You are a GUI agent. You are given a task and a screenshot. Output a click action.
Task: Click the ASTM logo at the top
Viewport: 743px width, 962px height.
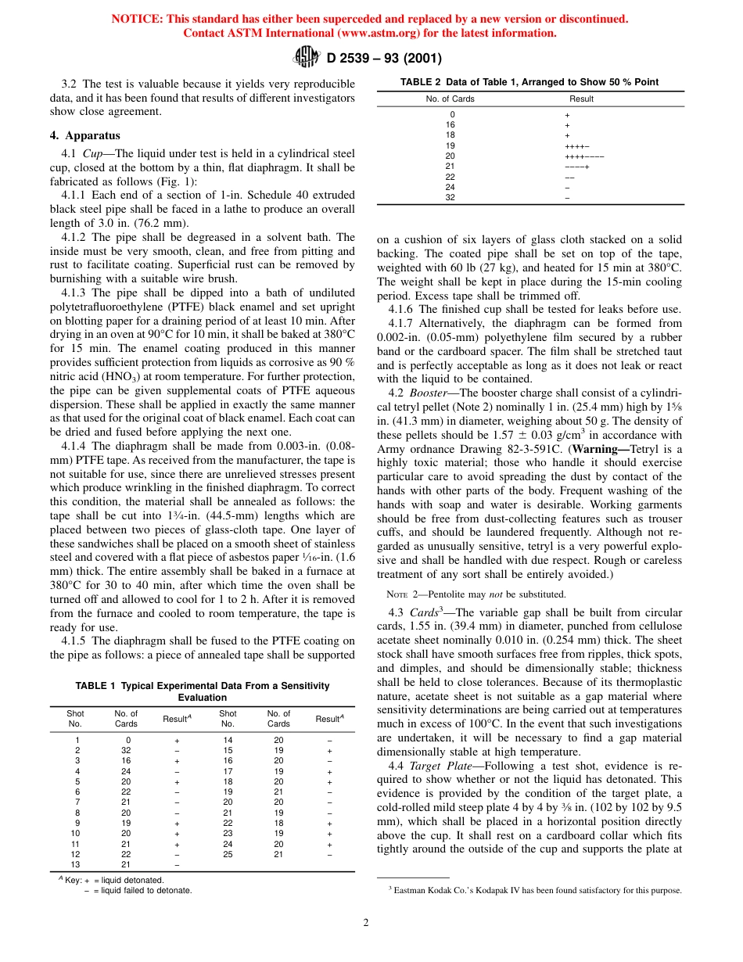[x=306, y=56]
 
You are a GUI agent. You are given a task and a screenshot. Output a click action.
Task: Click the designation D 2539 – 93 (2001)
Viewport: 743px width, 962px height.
[x=383, y=57]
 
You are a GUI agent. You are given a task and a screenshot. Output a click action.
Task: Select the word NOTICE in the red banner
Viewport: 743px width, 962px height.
[x=138, y=19]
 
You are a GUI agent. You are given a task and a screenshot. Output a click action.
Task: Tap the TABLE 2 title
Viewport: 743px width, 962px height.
[x=529, y=82]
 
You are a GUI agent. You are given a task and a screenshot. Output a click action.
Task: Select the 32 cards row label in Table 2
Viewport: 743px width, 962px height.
[x=450, y=198]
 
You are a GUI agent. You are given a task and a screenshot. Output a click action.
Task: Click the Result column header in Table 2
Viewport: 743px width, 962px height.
[x=581, y=99]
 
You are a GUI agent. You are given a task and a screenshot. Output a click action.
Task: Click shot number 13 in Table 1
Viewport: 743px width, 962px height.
[x=76, y=864]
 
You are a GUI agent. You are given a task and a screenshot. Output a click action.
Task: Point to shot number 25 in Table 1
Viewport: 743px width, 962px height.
[x=228, y=854]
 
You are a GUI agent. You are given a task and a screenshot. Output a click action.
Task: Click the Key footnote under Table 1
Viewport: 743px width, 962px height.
[x=125, y=885]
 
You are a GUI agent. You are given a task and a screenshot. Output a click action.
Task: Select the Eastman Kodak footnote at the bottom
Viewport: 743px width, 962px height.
[x=535, y=890]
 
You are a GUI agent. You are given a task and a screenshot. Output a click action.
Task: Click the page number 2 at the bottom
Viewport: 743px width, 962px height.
[x=365, y=922]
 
